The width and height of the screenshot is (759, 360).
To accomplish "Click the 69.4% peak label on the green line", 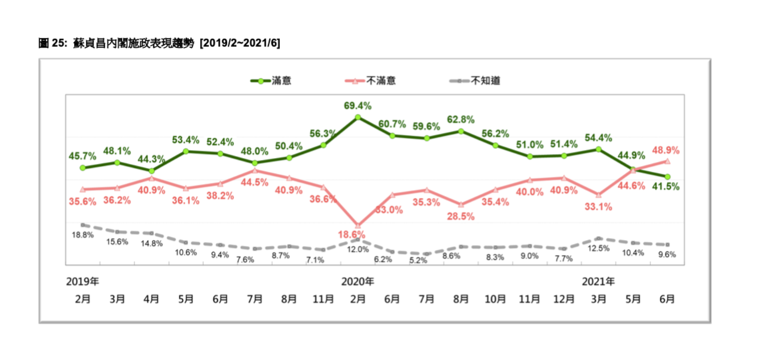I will [x=358, y=106].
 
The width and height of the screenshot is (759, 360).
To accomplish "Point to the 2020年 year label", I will [x=358, y=282].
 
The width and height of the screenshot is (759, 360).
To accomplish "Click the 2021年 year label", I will [x=598, y=282].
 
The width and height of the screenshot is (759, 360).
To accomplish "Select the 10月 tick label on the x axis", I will [x=495, y=299].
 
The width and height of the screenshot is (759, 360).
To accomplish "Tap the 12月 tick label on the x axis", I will [x=564, y=299].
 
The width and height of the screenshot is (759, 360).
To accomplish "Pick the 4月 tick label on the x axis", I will [x=151, y=299].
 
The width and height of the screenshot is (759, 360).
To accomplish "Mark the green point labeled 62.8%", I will [x=461, y=131].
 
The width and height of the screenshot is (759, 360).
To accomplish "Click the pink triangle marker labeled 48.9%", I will [x=667, y=161].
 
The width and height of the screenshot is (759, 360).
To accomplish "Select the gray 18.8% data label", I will [x=83, y=235].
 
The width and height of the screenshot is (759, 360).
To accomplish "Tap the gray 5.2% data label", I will [x=418, y=260].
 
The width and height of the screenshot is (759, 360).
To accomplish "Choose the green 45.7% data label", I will [x=81, y=156].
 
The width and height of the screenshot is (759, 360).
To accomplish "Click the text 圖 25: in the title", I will [x=52, y=44].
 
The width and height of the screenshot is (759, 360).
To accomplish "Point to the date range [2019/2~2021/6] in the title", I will [x=239, y=44].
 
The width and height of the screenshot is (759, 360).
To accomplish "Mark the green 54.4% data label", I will [x=599, y=138].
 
